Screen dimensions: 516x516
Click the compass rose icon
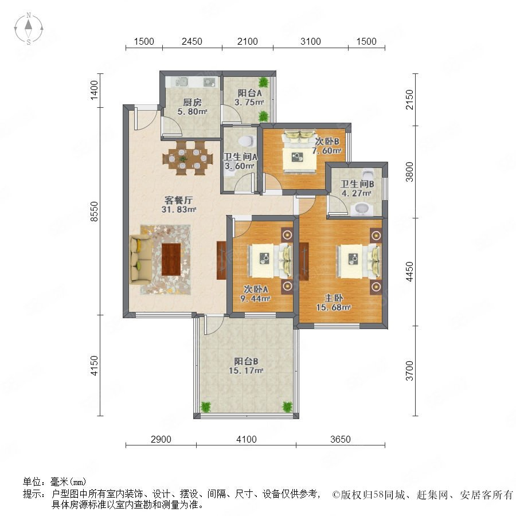click(x=29, y=29)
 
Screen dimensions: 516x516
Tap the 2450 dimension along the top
click(x=192, y=41)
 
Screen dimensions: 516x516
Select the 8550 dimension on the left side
click(x=94, y=211)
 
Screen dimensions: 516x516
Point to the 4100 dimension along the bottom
click(x=247, y=439)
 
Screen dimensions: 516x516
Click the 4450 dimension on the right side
click(x=409, y=272)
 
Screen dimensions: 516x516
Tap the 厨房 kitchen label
click(x=193, y=103)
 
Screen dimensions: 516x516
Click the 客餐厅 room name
click(x=178, y=200)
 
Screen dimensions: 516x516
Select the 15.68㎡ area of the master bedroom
click(x=334, y=307)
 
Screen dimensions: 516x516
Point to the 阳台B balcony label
click(x=246, y=361)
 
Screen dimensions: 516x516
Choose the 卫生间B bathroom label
click(x=357, y=184)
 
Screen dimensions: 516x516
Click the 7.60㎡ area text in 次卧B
click(x=327, y=151)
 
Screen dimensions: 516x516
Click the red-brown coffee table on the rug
click(x=171, y=259)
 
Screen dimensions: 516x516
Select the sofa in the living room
click(x=141, y=259)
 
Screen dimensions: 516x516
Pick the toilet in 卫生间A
click(x=247, y=141)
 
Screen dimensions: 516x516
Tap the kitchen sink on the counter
click(x=181, y=81)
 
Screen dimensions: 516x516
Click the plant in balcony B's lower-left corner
click(x=206, y=406)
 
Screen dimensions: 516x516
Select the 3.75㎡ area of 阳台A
click(x=249, y=103)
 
